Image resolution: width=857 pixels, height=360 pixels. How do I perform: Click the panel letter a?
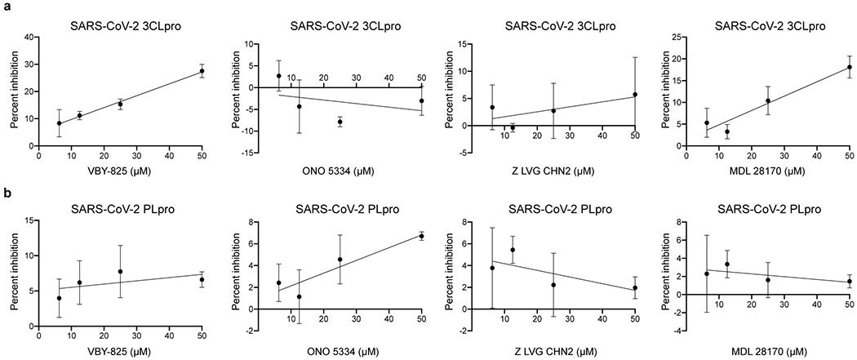[x=6, y=7]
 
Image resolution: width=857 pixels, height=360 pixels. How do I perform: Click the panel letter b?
[x=6, y=193]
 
